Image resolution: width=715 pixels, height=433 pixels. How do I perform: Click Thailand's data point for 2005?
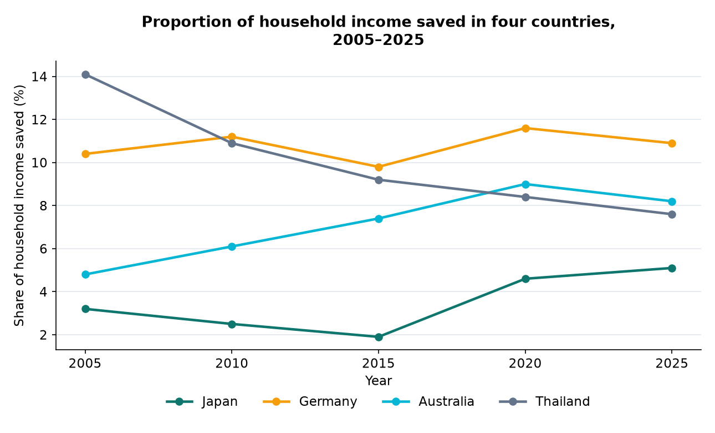[x=85, y=74]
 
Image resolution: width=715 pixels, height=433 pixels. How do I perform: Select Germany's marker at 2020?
[x=525, y=128]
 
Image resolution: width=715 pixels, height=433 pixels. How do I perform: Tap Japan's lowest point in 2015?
[x=379, y=337]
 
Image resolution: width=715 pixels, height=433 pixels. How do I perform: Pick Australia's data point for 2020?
[x=525, y=184]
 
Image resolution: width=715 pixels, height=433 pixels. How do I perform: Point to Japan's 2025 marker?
[x=672, y=268]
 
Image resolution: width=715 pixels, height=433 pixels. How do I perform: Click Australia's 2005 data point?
[x=85, y=274]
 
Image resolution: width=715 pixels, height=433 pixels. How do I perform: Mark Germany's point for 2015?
[x=379, y=167]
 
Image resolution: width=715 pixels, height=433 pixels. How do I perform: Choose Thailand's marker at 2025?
[x=672, y=214]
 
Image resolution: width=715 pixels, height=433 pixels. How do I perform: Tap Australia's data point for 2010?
[x=232, y=246]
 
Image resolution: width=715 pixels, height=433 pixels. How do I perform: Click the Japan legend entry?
[x=202, y=402]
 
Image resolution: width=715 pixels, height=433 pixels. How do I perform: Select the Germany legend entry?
[x=310, y=402]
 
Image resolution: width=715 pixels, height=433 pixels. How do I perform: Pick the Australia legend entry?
[x=428, y=402]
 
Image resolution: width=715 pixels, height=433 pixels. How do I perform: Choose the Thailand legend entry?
[x=544, y=402]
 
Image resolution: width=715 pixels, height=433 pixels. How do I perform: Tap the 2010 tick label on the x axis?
[x=232, y=364]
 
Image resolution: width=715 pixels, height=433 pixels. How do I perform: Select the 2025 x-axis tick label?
[x=672, y=364]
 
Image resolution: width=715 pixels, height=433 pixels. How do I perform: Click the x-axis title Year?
[x=379, y=381]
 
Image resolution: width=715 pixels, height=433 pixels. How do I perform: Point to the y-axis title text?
[x=19, y=205]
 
